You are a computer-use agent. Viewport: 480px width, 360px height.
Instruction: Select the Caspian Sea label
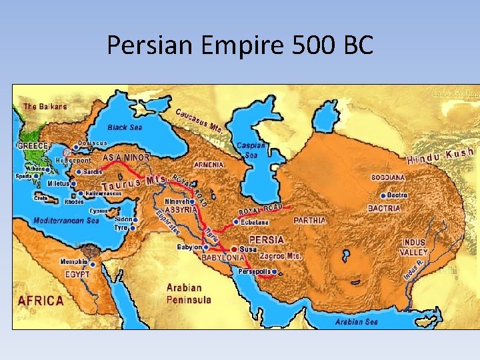pyautogui.click(x=252, y=150)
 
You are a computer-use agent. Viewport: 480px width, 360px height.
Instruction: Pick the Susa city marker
pyautogui.click(x=234, y=249)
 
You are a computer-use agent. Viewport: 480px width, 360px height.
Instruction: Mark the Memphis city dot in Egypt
pyautogui.click(x=92, y=263)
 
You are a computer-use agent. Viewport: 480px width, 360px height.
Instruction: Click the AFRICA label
pyautogui.click(x=41, y=301)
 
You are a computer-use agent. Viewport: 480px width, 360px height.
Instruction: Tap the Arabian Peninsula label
pyautogui.click(x=189, y=293)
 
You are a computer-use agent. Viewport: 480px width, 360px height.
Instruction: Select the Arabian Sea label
pyautogui.click(x=357, y=321)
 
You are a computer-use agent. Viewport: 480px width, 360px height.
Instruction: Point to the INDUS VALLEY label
pyautogui.click(x=413, y=247)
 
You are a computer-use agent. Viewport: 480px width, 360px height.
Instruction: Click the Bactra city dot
pyautogui.click(x=383, y=195)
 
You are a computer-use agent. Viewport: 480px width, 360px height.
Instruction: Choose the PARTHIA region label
pyautogui.click(x=309, y=220)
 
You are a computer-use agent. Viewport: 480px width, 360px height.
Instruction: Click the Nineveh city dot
pyautogui.click(x=192, y=200)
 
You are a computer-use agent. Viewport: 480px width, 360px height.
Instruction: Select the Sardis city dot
pyautogui.click(x=79, y=172)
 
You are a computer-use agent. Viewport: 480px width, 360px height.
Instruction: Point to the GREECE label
pyautogui.click(x=33, y=145)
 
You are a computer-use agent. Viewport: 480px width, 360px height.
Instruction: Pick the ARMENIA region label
pyautogui.click(x=209, y=165)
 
